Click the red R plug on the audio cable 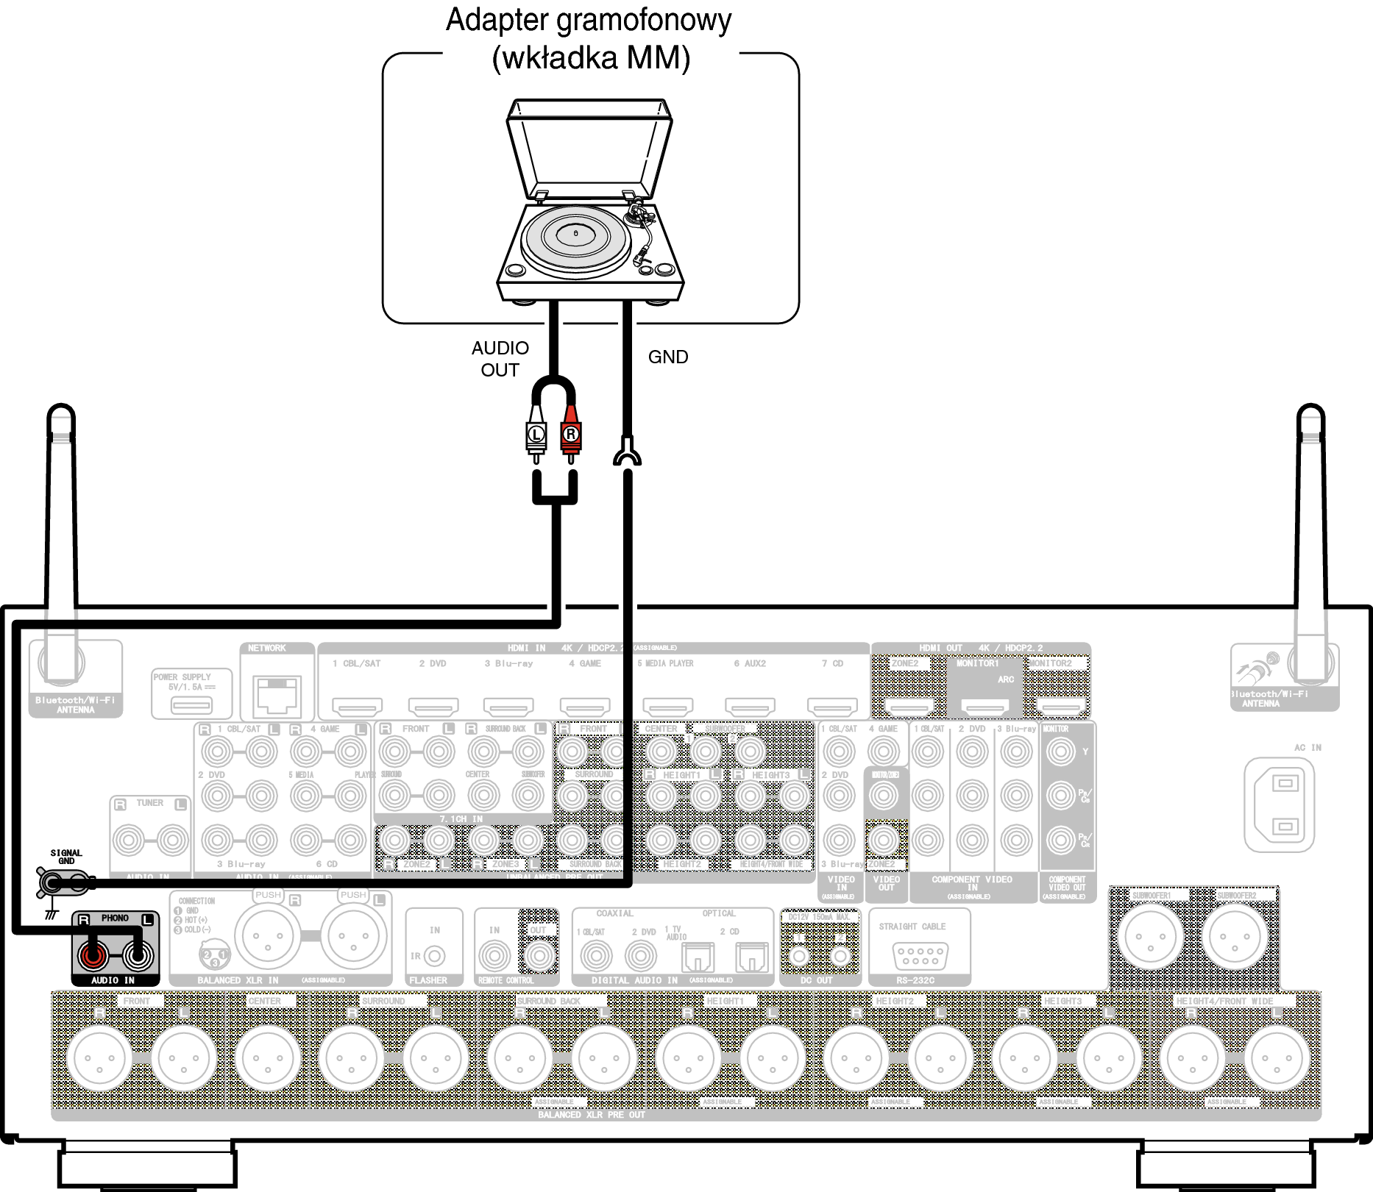[x=570, y=435]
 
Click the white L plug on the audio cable [x=536, y=435]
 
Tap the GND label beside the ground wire [x=668, y=357]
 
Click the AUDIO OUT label [x=500, y=359]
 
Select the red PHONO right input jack [x=93, y=955]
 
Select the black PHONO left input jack [x=138, y=955]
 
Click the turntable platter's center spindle [x=575, y=234]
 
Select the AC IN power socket [x=1280, y=804]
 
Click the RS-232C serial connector [x=920, y=955]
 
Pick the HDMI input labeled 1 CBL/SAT [x=357, y=707]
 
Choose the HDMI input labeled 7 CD [x=832, y=707]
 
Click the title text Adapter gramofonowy [x=589, y=20]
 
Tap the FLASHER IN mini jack [x=435, y=956]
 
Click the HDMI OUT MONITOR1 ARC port [x=985, y=707]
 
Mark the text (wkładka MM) [x=591, y=58]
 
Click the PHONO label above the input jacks [x=115, y=918]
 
